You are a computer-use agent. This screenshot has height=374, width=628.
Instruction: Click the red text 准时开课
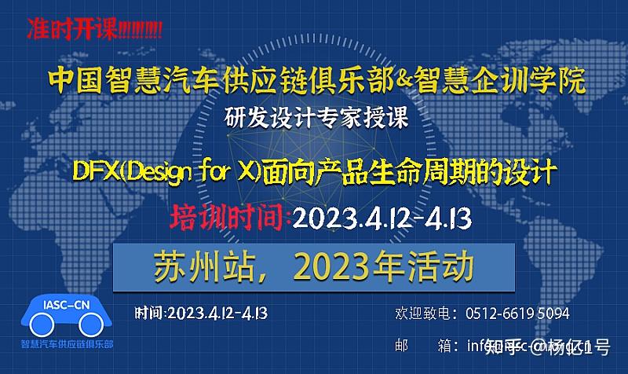point(71,30)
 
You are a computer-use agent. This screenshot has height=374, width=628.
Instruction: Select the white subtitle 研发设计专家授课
point(316,119)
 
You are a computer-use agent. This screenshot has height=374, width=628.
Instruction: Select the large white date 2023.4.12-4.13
point(382,218)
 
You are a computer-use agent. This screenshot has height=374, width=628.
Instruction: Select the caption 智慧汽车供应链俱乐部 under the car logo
point(67,344)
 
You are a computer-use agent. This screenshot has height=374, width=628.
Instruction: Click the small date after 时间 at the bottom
point(217,313)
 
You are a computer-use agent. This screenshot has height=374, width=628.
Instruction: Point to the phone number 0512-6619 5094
point(517,313)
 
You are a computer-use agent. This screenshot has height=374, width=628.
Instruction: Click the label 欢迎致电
point(422,313)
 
